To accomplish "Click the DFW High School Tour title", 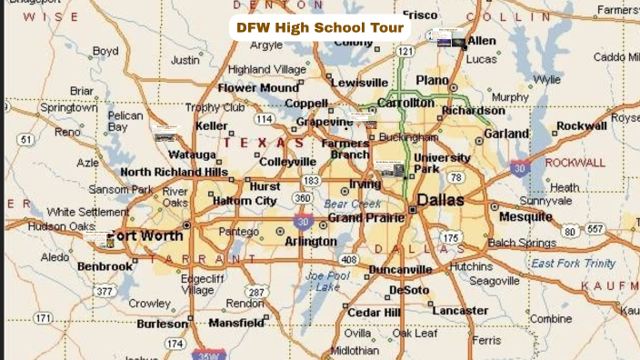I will tap(319, 27).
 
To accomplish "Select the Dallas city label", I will tap(441, 199).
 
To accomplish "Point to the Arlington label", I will tap(311, 241).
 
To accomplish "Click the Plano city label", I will tap(433, 80).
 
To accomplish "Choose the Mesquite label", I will tap(525, 217).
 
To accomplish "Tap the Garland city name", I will tap(506, 134).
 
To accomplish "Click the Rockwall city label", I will tap(582, 125).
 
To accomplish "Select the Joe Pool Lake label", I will tap(326, 281).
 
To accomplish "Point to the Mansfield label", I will tap(236, 323).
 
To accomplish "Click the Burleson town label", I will tap(163, 323).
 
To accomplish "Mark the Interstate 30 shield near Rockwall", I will tap(519, 167).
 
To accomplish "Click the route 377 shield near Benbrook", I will tap(105, 292).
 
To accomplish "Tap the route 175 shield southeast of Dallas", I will tap(451, 238).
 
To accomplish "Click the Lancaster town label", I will tap(460, 310).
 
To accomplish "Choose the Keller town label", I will tap(212, 125).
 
